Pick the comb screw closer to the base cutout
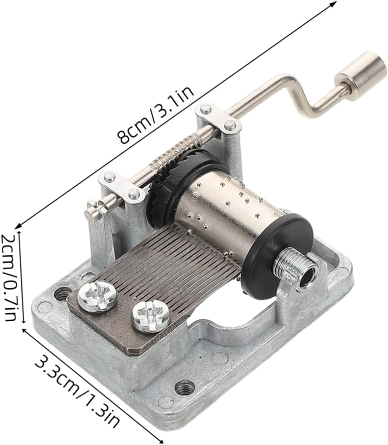(x=151, y=317)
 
